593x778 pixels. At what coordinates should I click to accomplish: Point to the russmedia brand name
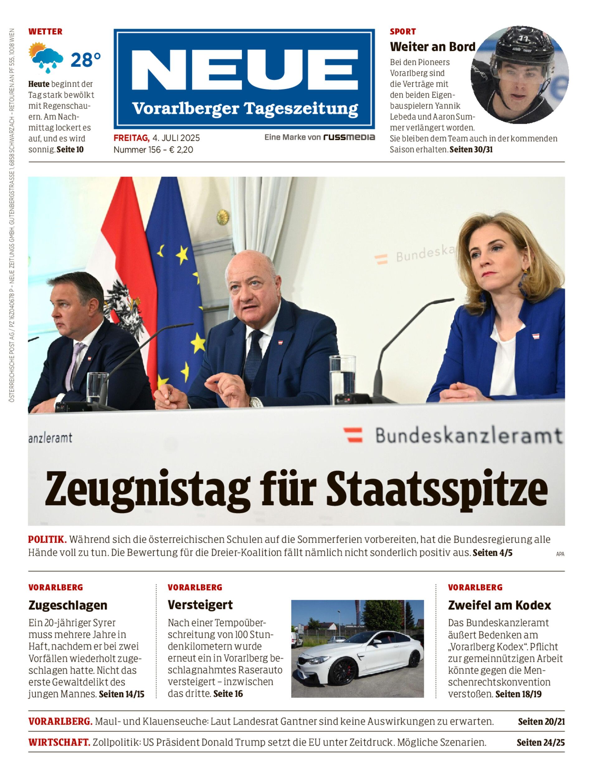click(349, 137)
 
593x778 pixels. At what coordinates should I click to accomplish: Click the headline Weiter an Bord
click(433, 47)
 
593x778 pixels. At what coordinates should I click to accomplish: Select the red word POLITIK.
click(47, 539)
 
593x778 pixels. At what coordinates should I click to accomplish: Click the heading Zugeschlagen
click(68, 605)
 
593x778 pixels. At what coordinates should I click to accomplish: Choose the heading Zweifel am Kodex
click(500, 605)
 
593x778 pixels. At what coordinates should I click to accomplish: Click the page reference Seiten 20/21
click(541, 721)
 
